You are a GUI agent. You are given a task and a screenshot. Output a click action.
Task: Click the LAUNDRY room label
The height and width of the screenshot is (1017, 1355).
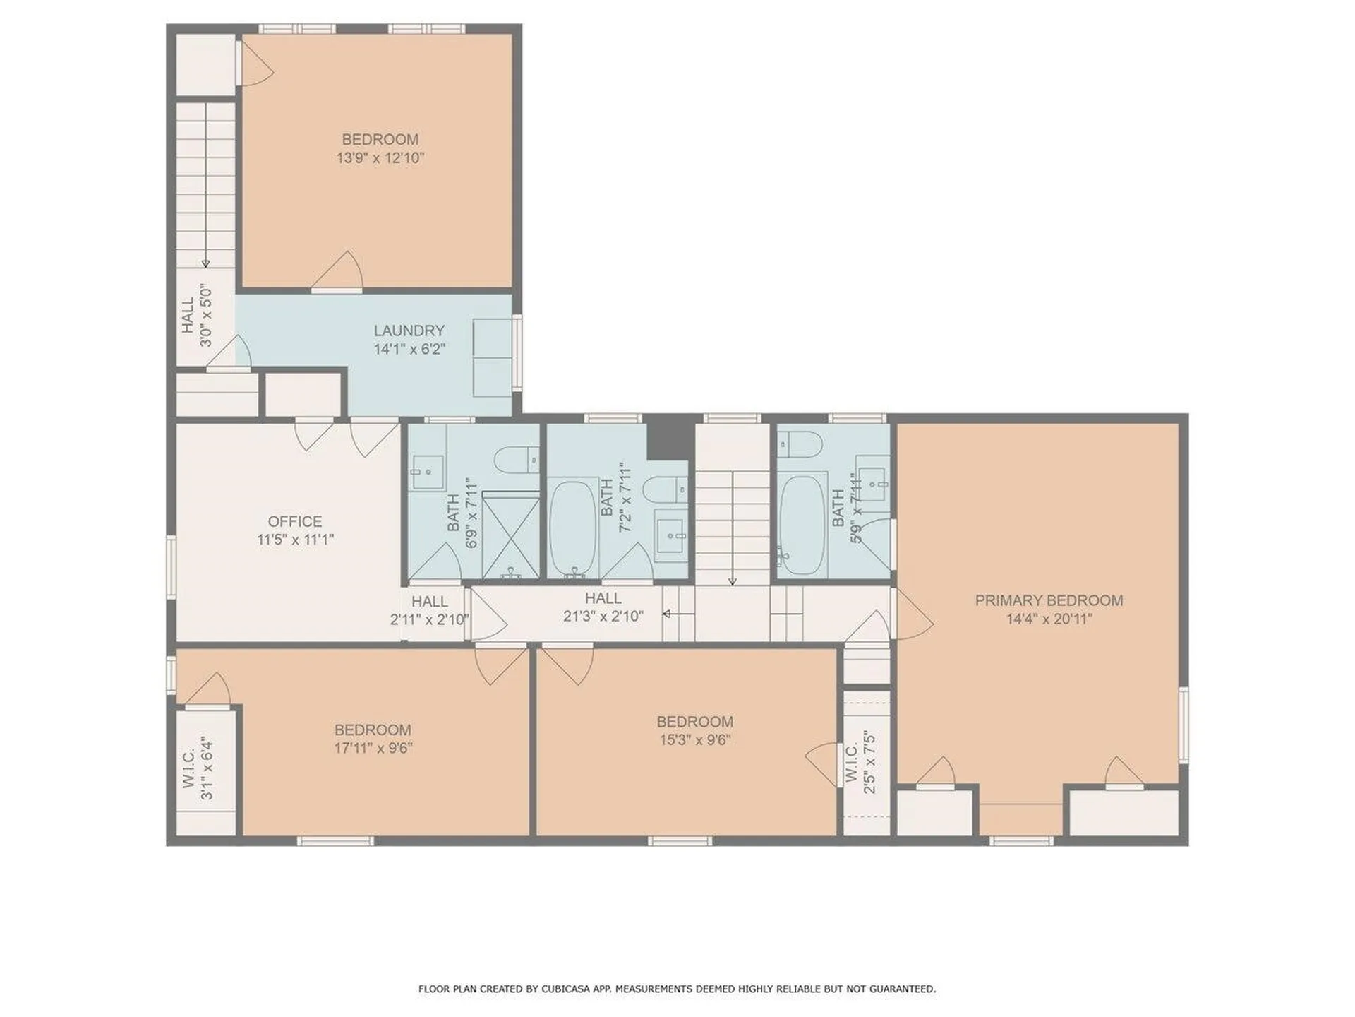(x=409, y=331)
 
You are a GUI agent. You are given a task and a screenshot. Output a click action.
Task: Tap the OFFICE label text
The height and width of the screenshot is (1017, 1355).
(x=295, y=522)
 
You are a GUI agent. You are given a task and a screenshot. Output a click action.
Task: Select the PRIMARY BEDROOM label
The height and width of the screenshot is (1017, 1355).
(x=1049, y=600)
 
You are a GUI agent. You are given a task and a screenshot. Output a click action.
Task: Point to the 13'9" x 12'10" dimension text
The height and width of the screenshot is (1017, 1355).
(x=380, y=158)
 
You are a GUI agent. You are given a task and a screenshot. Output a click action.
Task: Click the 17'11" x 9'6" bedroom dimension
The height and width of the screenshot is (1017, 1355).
(x=373, y=748)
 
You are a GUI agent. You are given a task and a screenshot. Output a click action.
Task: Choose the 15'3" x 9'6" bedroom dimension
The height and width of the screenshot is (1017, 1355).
(x=695, y=740)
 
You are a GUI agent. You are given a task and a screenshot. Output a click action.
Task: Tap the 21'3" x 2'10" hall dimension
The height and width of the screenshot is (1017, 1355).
(x=603, y=617)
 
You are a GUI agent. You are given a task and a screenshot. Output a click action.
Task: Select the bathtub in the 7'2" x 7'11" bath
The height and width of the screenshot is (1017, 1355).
(x=573, y=528)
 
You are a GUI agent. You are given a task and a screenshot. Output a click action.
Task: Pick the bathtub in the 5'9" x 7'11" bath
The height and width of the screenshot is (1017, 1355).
(x=802, y=524)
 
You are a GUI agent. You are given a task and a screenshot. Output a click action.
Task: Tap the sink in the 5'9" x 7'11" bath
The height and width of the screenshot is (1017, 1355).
(x=875, y=484)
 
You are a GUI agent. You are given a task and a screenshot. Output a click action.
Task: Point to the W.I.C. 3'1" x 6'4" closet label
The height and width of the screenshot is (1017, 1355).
(x=198, y=768)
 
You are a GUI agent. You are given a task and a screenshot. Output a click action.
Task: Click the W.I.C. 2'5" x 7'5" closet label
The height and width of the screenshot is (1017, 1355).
(x=860, y=763)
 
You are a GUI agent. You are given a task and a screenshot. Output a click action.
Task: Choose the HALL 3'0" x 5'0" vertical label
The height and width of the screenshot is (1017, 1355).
(x=197, y=316)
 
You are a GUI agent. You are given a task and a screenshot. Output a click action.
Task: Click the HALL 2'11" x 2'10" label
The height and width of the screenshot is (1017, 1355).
(x=430, y=611)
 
